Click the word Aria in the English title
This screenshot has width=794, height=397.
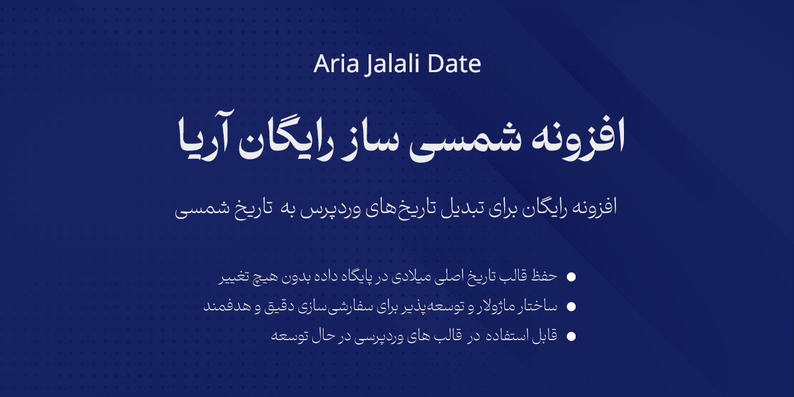point(336,64)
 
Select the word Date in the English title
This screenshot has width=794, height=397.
point(454,64)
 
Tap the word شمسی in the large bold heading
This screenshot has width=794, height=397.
point(465,140)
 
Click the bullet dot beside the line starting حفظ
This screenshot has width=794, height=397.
point(571,277)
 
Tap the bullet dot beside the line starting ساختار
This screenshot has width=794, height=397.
point(571,306)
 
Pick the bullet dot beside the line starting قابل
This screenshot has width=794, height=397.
point(571,336)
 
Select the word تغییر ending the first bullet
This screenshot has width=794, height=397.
point(234,277)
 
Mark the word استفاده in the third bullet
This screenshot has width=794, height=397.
point(500,336)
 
